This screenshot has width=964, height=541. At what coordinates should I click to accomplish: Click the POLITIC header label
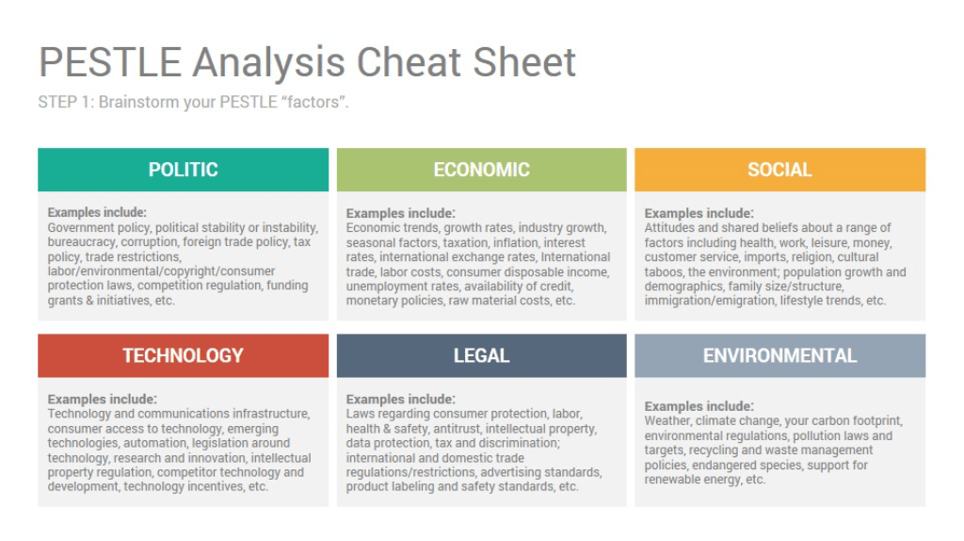pyautogui.click(x=184, y=170)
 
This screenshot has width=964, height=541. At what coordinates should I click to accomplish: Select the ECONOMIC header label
pyautogui.click(x=481, y=170)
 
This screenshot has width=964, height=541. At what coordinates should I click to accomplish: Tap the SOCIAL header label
pyautogui.click(x=779, y=170)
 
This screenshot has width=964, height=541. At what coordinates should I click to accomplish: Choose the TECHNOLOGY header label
pyautogui.click(x=184, y=355)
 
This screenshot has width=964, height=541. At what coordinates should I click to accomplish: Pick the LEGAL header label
pyautogui.click(x=481, y=355)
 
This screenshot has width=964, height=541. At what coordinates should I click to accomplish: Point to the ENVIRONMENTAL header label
pyautogui.click(x=779, y=355)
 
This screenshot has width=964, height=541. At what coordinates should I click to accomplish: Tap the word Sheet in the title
pyautogui.click(x=524, y=62)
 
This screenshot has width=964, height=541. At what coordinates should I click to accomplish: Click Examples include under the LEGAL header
pyautogui.click(x=400, y=400)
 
